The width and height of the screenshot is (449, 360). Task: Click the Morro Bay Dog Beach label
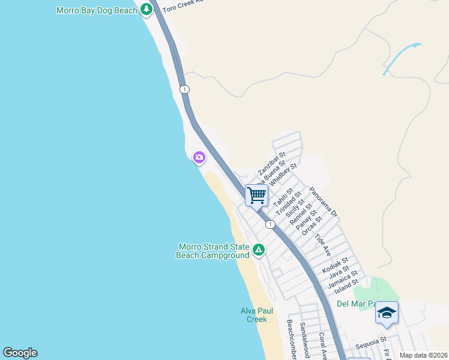point(97,10)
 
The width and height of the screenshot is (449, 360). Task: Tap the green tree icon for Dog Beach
point(146,10)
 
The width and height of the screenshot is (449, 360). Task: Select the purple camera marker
point(199,158)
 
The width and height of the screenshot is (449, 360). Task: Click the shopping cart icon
point(256,194)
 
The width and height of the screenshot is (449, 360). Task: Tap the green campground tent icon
point(258,250)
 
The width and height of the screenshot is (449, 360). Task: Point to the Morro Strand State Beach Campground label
point(213,251)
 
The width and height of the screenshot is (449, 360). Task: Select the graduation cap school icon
point(387,313)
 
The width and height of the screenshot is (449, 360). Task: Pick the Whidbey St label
point(284,175)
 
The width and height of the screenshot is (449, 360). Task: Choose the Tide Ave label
point(323,242)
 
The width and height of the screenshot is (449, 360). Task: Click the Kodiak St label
point(335,265)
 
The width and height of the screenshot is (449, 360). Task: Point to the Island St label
point(347,282)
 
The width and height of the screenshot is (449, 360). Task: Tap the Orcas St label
point(309,227)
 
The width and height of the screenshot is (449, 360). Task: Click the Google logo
point(20,353)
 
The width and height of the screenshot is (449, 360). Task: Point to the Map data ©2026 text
point(423,355)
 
